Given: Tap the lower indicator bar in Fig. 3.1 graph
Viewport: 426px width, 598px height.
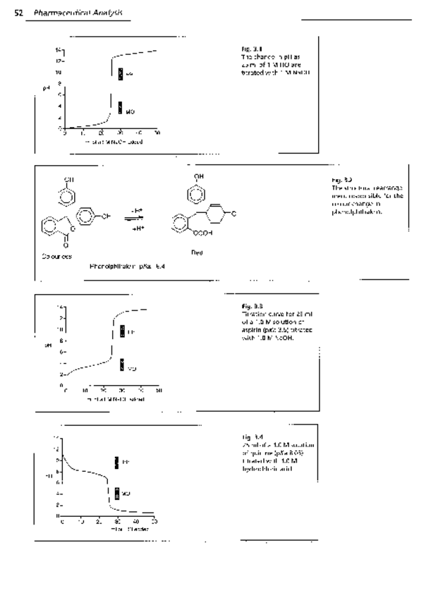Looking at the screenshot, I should coord(121,109).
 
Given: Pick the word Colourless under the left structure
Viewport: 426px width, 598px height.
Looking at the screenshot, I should coord(54,257).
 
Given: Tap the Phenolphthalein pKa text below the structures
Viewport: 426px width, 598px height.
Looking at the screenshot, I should coord(121,268).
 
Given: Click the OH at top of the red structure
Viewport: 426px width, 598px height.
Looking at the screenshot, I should coord(194,178).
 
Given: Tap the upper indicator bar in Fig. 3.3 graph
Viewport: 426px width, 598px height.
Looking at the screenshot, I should coord(121,331).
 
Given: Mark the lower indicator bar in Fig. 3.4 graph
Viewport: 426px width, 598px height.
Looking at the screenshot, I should coord(118,493).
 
